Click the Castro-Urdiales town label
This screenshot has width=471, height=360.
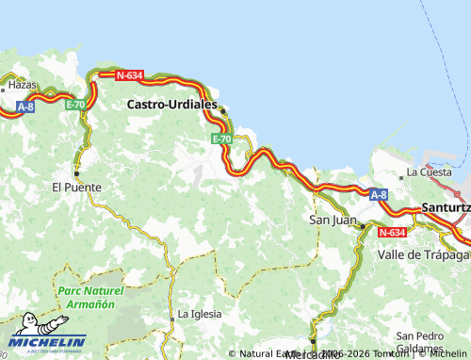tap(171, 106)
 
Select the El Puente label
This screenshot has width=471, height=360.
tap(76, 187)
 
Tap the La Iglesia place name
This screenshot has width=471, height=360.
tap(200, 314)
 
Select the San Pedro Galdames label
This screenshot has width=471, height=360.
tap(419, 342)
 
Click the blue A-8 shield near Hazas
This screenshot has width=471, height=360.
tap(27, 108)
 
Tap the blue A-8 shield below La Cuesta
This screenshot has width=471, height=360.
tap(378, 195)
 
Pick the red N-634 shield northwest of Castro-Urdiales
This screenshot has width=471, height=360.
tap(128, 74)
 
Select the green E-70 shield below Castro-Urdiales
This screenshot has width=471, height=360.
tap(221, 139)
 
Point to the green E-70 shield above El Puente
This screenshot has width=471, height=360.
tap(75, 105)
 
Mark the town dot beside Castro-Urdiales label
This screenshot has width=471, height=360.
tap(223, 111)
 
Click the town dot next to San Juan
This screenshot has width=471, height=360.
tap(362, 225)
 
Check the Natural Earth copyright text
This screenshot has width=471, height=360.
tap(273, 354)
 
